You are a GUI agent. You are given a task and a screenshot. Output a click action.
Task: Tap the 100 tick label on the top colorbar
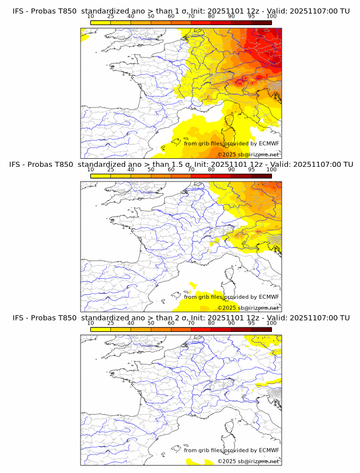(x=271, y=17)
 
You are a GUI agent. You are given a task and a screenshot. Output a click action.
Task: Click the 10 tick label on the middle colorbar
(x=91, y=170)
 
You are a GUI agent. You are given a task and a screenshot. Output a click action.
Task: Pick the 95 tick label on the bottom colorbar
(x=251, y=323)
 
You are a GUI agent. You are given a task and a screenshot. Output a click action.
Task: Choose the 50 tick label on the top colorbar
(x=151, y=17)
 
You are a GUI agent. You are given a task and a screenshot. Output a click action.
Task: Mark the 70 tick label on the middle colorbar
(x=191, y=170)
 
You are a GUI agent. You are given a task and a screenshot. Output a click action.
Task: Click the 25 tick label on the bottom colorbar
(x=111, y=323)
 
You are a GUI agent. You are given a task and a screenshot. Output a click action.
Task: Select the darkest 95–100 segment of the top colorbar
(x=261, y=23)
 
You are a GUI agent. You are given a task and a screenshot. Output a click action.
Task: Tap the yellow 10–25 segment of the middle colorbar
(x=101, y=176)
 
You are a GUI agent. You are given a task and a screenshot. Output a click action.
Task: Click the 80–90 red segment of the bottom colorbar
(x=221, y=330)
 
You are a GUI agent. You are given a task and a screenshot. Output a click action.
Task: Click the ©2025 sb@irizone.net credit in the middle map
(x=248, y=308)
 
